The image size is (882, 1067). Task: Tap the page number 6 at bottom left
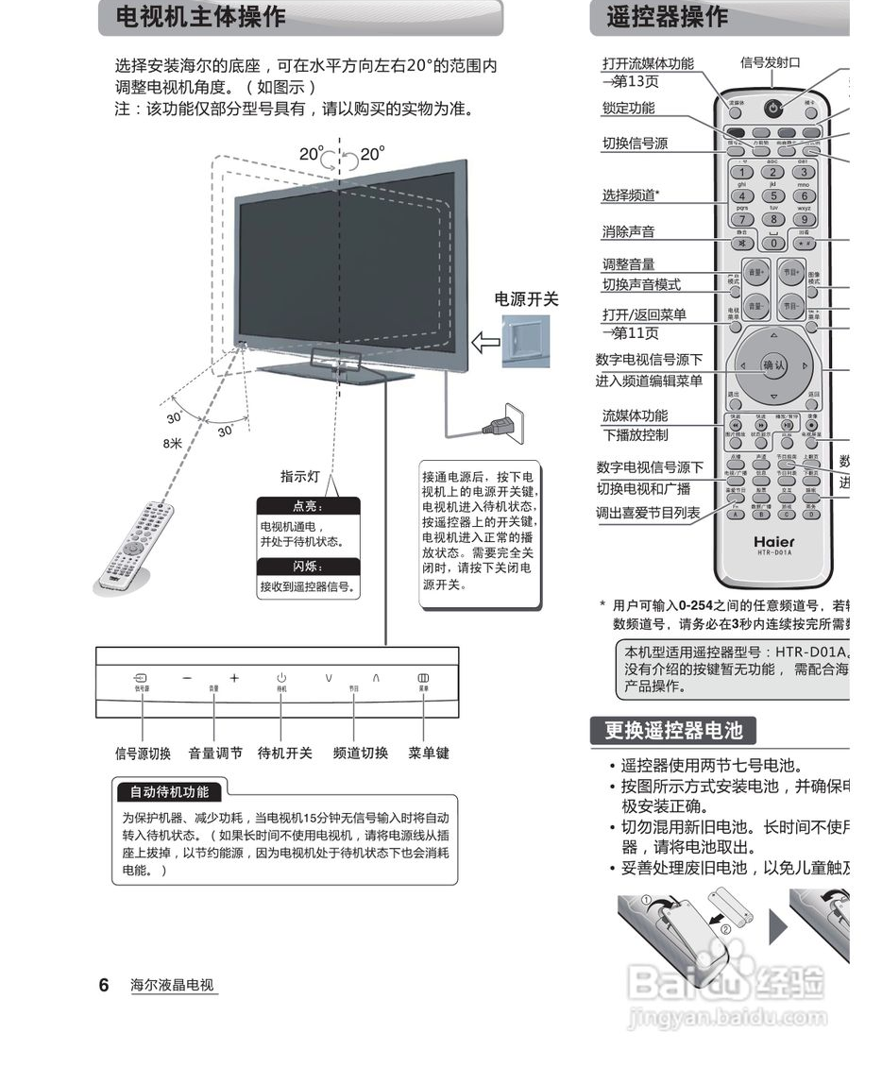coord(104,985)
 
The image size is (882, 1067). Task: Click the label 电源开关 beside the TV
coord(527,299)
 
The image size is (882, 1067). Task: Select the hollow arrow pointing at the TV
coord(485,342)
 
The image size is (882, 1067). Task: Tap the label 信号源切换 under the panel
coord(143,753)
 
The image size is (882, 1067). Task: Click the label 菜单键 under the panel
coord(428,753)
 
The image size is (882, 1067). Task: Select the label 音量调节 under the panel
coord(215,753)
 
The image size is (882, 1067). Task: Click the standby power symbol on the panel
coord(281,678)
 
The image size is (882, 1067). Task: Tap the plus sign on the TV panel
coord(234,678)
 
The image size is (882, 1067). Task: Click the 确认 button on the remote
coord(773,365)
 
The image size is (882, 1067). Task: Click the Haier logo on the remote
coord(773,542)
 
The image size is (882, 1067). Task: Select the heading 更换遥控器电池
coord(672,730)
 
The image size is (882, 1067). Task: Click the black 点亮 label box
coord(309,506)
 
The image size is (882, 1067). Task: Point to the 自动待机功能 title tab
coord(169,791)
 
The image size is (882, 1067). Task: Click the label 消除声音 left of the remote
coord(628,231)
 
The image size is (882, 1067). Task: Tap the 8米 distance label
coord(172,443)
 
